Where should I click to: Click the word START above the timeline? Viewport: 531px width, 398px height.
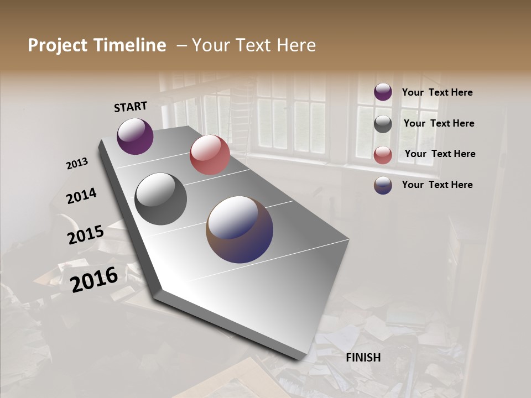[x=131, y=107]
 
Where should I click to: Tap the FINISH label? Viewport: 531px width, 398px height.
[x=363, y=358]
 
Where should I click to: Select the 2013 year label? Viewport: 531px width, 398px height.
[x=77, y=164]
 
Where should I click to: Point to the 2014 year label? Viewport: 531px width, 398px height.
[x=81, y=196]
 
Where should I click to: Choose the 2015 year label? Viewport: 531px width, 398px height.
[x=86, y=235]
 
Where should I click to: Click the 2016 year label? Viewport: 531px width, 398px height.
[x=94, y=279]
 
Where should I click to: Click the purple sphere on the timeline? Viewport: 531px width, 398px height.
[x=135, y=136]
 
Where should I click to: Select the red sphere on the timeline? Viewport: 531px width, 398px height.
[x=210, y=155]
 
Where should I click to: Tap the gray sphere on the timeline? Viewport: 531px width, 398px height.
[x=160, y=199]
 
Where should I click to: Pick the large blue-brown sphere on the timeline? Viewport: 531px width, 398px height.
[x=240, y=229]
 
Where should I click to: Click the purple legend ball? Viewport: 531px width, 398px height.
[x=383, y=92]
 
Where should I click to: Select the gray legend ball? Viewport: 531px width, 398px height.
[x=383, y=124]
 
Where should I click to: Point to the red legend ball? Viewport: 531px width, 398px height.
[x=383, y=155]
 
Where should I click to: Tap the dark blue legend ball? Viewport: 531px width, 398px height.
[x=383, y=185]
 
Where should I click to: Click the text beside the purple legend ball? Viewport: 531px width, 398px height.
[x=437, y=93]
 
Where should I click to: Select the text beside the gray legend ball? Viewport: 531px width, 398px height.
[x=439, y=124]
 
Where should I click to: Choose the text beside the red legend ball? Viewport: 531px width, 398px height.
[x=440, y=154]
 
